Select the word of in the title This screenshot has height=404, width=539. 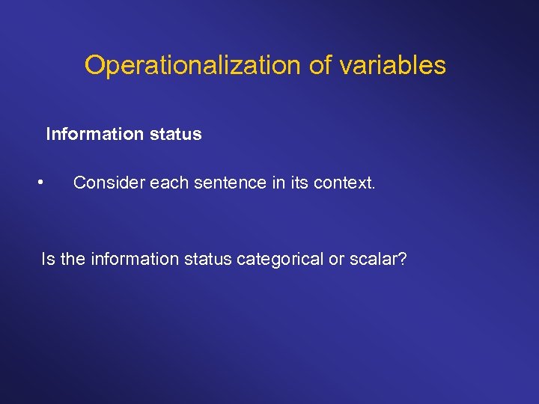pos(320,66)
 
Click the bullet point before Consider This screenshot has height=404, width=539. pos(43,182)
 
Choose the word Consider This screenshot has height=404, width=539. pos(109,183)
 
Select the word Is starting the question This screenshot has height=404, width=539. pos(48,260)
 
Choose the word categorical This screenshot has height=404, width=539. pos(278,260)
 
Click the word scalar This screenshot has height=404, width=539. pos(375,260)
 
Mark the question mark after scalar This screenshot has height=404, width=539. pos(403,260)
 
